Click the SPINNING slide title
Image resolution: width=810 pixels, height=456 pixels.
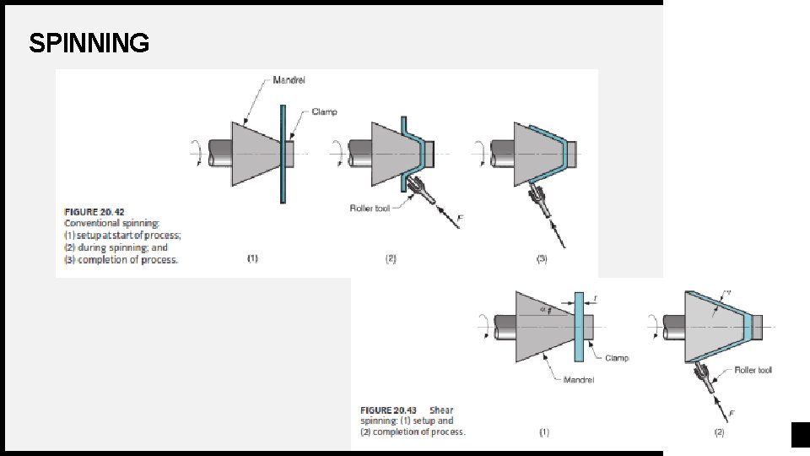pos(89,43)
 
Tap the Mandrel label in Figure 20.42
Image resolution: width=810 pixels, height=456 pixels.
pos(289,80)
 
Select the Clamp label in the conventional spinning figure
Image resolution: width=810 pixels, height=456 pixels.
pos(324,111)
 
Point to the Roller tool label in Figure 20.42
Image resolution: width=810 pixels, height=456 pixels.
pos(370,209)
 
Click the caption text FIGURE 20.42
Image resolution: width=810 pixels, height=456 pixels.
pos(94,212)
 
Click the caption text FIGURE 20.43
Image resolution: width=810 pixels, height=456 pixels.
pos(388,410)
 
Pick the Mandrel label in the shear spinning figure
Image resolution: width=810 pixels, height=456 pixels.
pos(579,380)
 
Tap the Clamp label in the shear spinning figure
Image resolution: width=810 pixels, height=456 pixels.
pos(617,358)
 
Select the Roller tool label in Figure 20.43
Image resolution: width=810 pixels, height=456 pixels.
pos(753,370)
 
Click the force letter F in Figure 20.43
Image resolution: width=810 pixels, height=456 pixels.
pos(731,414)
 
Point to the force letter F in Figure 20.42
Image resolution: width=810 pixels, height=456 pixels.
pos(460,219)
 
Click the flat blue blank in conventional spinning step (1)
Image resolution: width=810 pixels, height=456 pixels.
pos(283,154)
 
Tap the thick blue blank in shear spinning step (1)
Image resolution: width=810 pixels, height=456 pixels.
pos(579,327)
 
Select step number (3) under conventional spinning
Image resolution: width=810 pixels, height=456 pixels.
pos(542,258)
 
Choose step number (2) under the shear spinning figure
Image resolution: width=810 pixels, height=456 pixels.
pos(719,432)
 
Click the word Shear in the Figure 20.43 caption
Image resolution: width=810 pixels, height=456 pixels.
pos(441,410)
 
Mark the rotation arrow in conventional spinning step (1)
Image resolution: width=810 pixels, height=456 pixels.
pos(197,153)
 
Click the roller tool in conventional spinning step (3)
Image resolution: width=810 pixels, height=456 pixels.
pos(539,201)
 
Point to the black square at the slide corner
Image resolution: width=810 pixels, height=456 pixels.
pos(801,435)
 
